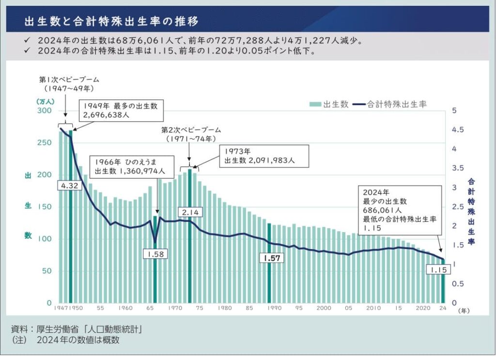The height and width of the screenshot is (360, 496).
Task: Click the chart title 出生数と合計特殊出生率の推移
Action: pos(111,22)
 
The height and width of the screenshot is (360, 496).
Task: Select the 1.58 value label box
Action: pos(155,253)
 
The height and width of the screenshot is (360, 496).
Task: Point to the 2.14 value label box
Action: pos(190,212)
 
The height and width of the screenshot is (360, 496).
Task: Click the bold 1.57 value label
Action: pos(271,258)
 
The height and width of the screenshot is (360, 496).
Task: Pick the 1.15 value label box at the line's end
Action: pos(437,269)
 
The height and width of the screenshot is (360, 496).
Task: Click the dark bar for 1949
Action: pos(71,218)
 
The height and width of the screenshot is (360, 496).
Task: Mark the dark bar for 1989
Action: pos(269,281)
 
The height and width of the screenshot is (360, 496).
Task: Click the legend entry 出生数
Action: pos(329,104)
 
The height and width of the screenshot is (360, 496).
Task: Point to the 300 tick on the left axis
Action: pos(44,111)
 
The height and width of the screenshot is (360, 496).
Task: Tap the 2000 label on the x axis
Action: pos(324,308)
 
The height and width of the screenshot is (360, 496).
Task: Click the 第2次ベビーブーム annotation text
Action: pos(191,130)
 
